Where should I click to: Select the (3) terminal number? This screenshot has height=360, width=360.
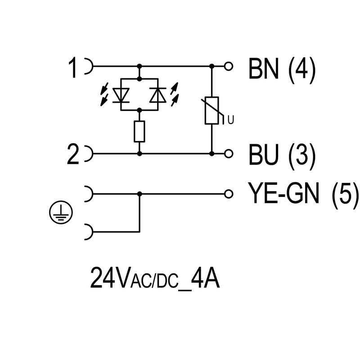302,156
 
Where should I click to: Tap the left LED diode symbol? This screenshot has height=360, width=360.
121,94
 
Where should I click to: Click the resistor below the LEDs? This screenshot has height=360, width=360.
139,132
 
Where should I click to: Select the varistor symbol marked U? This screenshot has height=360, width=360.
211,110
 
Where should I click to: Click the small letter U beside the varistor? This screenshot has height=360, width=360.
230,120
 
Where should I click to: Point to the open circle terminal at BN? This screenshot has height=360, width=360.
229,67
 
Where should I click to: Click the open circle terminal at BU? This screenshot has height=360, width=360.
229,154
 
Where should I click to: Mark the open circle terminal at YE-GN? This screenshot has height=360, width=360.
229,194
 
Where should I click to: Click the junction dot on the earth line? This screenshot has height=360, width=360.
139,194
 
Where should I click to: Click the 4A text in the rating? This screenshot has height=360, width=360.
205,278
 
